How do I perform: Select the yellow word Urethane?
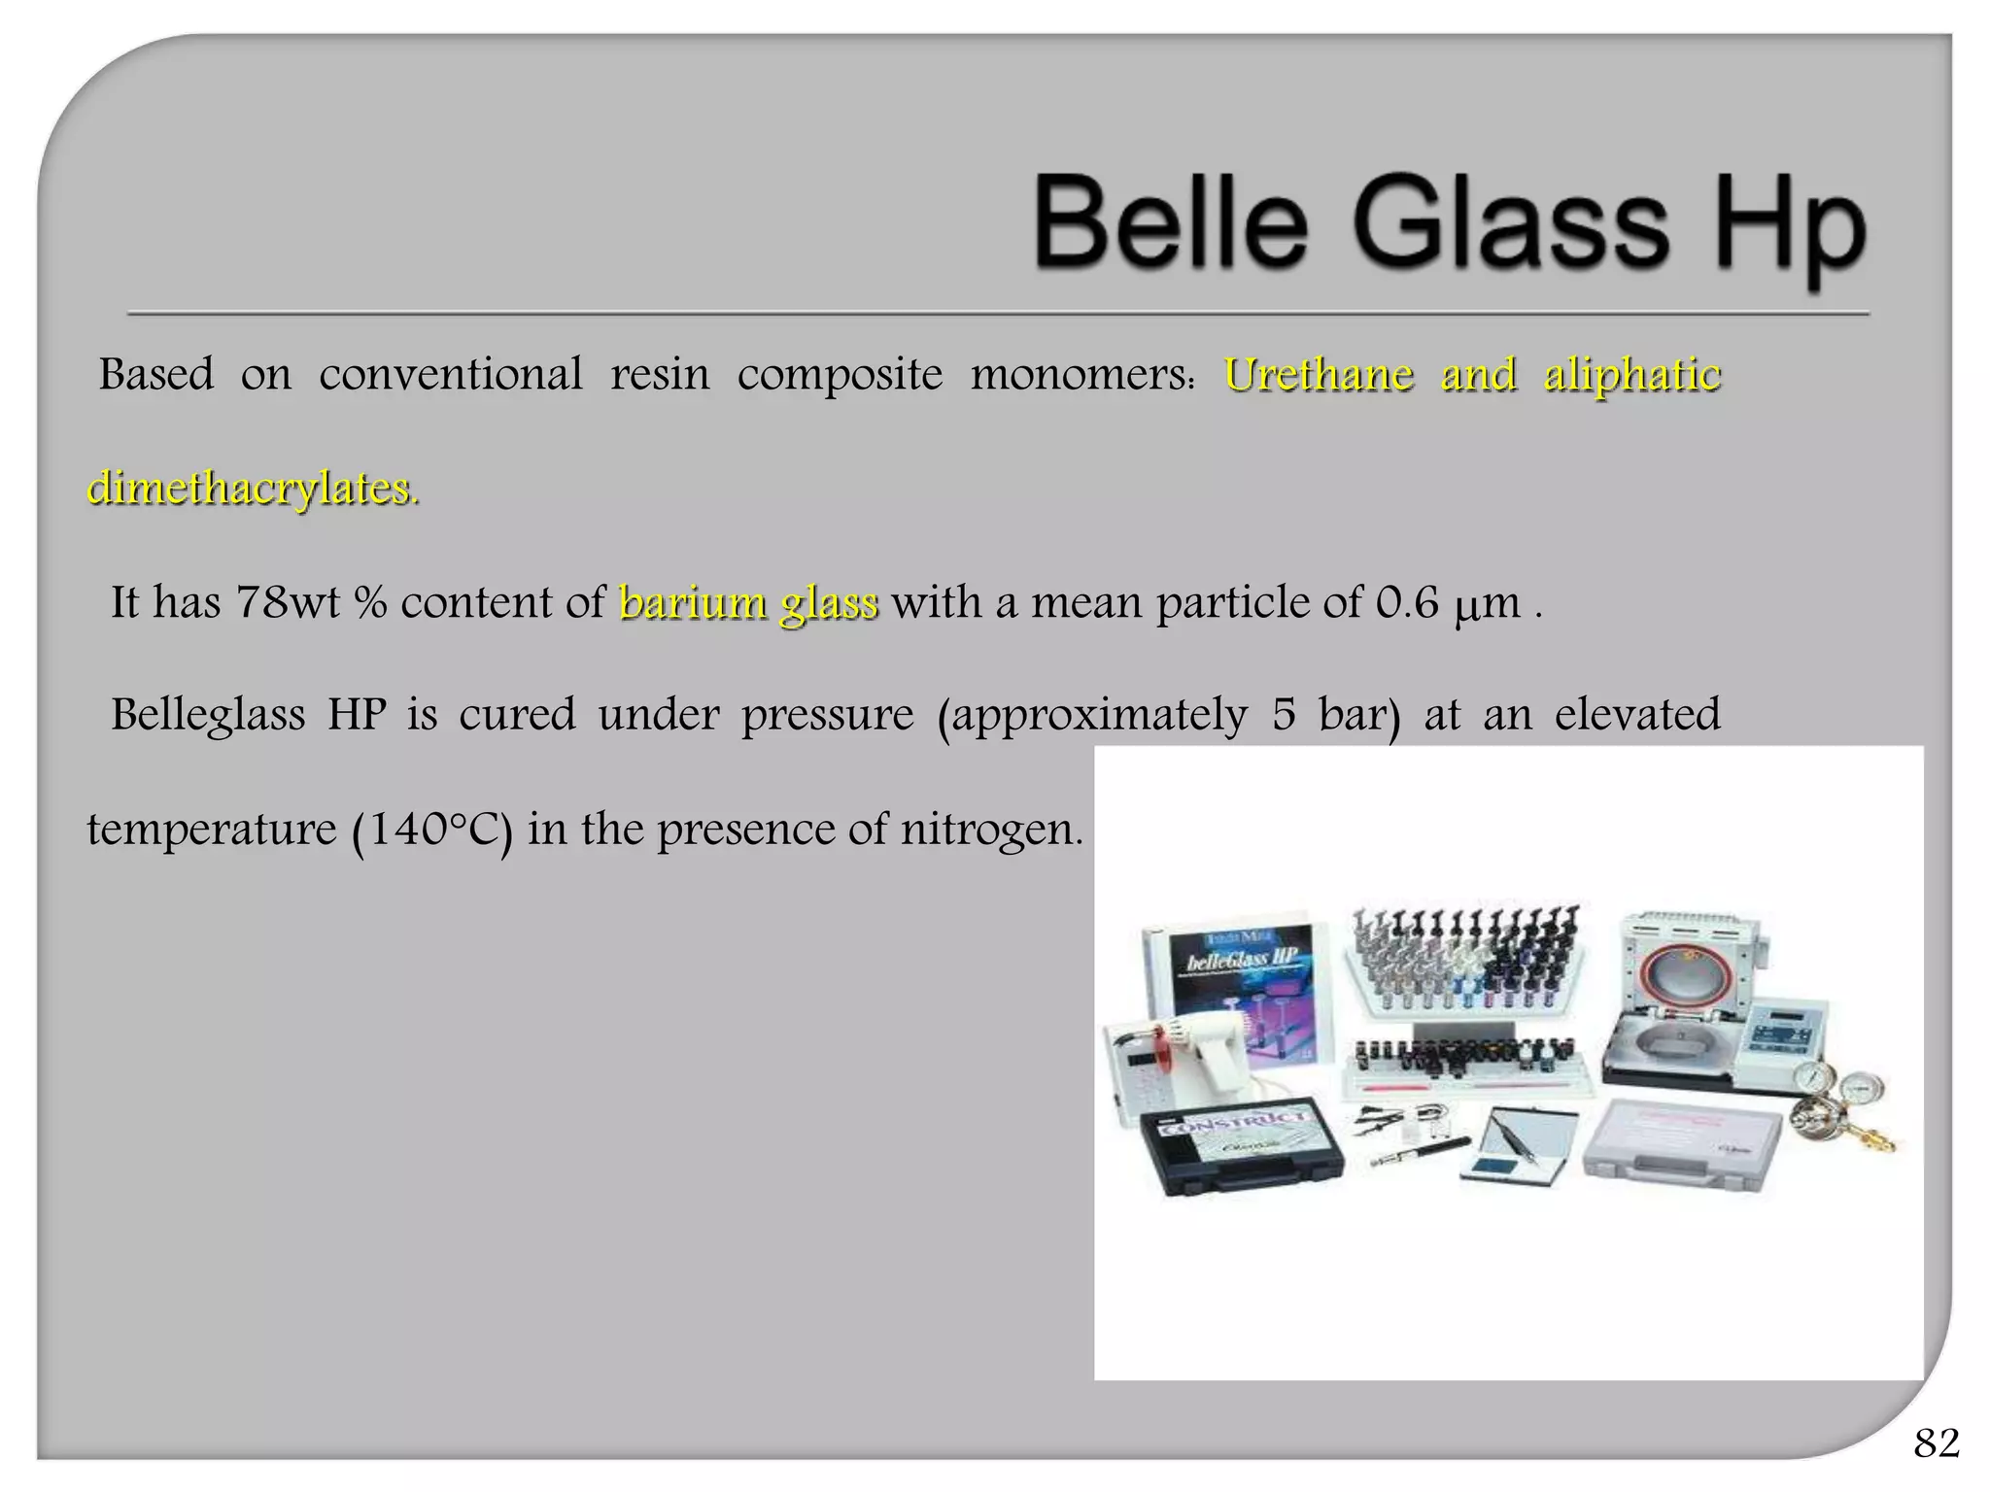click(x=1319, y=375)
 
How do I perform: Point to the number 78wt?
click(x=288, y=602)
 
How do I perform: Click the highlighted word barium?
click(x=693, y=602)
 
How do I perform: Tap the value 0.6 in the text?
click(x=1406, y=602)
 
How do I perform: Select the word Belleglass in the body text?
click(x=207, y=715)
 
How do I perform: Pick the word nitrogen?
click(x=990, y=830)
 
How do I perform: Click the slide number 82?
click(x=1936, y=1443)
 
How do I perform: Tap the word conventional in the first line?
click(x=451, y=375)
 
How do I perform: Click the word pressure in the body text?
click(x=827, y=715)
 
